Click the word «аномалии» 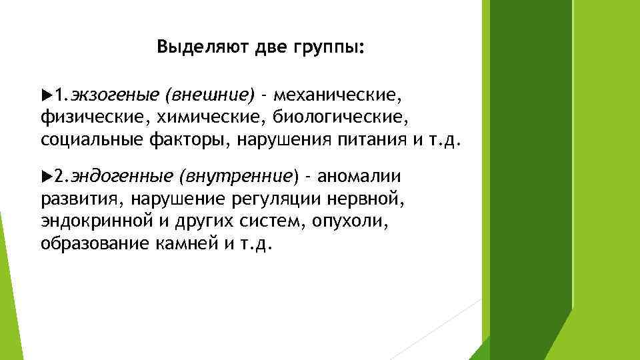(359, 176)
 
